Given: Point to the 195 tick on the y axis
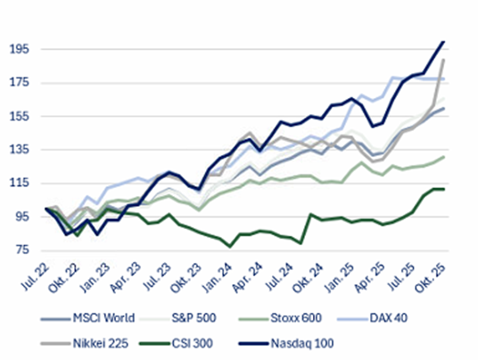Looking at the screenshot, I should click(19, 50).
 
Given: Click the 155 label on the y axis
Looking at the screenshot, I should click(19, 117).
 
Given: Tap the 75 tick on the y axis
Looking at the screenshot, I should click(21, 250).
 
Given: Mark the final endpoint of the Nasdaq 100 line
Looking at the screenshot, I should click(444, 42).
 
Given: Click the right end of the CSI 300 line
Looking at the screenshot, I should click(444, 189).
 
